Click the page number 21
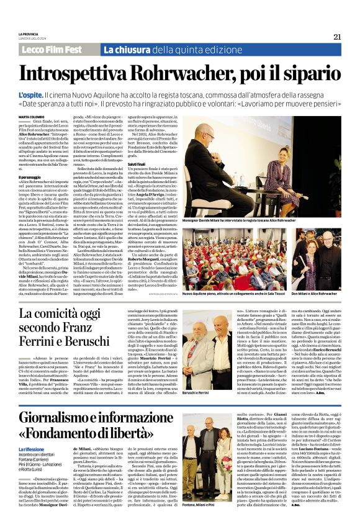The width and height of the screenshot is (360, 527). (336, 37)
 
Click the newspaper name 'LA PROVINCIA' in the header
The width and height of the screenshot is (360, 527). (29, 34)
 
